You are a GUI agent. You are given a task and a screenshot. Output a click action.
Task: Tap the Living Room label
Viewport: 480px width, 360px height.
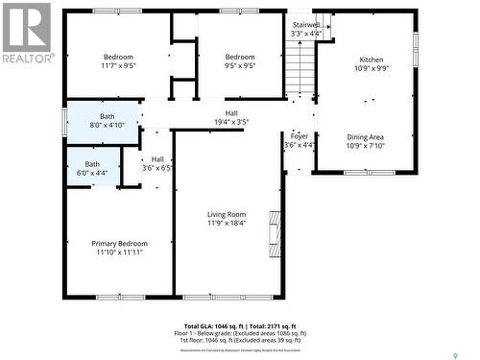[x=227, y=214]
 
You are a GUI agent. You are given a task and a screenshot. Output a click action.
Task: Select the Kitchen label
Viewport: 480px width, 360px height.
[x=371, y=59]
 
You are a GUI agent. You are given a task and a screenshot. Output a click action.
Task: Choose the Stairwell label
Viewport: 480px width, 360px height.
[x=305, y=23]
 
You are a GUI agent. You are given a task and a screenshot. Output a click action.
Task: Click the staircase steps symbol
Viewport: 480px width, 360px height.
[x=300, y=67]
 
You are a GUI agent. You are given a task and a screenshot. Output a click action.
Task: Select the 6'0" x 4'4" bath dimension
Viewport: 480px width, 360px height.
[x=92, y=174]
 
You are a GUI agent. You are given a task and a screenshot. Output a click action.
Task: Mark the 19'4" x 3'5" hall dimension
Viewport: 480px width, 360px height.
[x=230, y=122]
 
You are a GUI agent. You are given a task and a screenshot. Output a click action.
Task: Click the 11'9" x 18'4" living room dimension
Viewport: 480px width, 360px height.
[x=227, y=224]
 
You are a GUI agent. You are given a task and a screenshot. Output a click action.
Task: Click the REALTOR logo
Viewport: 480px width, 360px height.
[x=26, y=34]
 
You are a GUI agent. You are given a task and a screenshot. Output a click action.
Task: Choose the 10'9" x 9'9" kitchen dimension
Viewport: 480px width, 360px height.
[x=371, y=68]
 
